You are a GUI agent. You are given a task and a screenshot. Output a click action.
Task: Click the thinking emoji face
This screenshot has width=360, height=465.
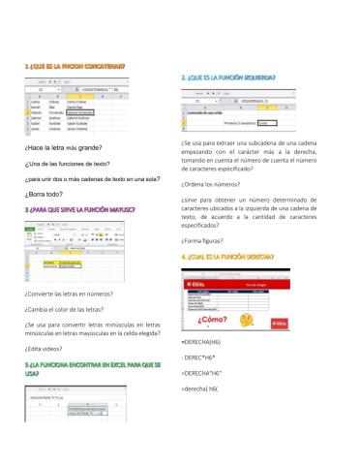(246, 320)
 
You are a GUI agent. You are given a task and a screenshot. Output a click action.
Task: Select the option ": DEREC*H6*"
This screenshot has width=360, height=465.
(204, 357)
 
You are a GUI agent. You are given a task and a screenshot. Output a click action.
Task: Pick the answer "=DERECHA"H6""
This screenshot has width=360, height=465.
(207, 372)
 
